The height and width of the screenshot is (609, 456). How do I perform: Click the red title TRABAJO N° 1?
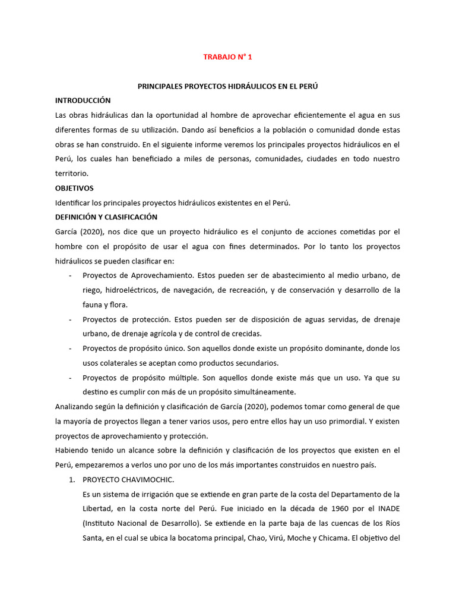pos(227,57)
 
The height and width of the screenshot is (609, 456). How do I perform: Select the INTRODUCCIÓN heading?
pos(83,101)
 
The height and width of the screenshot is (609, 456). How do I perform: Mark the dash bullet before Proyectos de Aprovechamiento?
pos(71,275)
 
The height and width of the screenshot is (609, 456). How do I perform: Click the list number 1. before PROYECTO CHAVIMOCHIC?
pos(72,479)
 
